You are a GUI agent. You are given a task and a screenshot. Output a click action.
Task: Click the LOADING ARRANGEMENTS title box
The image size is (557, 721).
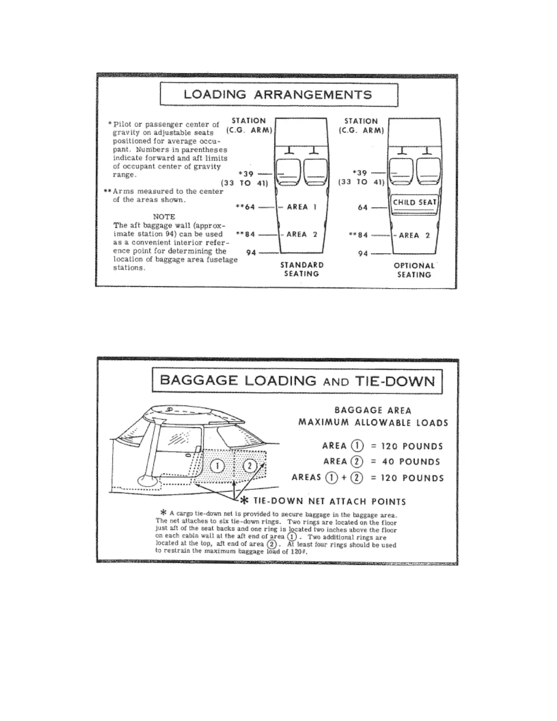click(x=278, y=95)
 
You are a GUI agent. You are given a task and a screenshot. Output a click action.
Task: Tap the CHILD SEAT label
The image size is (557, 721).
click(x=414, y=203)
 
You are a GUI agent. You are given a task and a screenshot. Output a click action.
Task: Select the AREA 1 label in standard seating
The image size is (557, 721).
click(x=301, y=207)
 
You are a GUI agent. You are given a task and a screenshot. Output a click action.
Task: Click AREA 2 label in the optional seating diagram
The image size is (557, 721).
click(x=414, y=235)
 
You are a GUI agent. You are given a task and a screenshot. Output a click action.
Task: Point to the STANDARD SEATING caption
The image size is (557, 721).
click(x=302, y=269)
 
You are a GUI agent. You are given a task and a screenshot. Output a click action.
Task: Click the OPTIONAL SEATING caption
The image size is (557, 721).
click(x=414, y=270)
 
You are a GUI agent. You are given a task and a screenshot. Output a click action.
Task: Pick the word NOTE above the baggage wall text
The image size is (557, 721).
click(x=164, y=217)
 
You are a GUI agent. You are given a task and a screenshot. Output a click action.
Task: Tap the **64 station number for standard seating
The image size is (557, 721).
click(x=246, y=207)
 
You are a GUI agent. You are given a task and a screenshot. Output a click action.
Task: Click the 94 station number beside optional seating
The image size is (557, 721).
click(x=363, y=254)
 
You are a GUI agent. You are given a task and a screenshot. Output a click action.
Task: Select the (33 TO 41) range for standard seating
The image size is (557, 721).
click(x=245, y=183)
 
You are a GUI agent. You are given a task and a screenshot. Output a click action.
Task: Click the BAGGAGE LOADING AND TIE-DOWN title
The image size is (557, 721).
click(x=297, y=381)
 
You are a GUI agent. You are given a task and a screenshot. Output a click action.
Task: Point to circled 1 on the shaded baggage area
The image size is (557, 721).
click(x=218, y=466)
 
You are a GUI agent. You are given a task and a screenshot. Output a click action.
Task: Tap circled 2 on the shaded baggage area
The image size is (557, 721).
click(x=249, y=466)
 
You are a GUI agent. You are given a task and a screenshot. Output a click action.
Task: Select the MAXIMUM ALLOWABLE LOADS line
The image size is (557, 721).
click(x=373, y=422)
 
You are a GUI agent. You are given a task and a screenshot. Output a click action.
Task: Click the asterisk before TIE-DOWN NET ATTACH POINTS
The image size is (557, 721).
click(x=244, y=501)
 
